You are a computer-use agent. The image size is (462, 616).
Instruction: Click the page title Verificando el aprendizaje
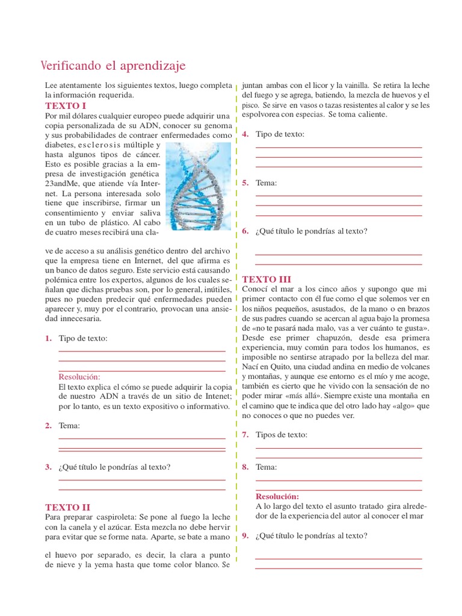coord(112,65)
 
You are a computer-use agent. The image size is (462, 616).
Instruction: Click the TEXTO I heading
coord(66,105)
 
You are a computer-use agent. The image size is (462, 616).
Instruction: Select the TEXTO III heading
coord(266,279)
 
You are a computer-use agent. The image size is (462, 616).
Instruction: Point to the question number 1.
coord(48,339)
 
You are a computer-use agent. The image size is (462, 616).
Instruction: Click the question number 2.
coord(48,426)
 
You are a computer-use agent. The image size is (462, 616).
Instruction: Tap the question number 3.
coord(48,466)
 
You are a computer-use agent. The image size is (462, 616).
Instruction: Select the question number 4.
coord(245,134)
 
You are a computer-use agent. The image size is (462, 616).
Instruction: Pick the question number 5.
coord(245,182)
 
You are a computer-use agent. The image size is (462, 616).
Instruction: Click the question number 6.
coord(245,230)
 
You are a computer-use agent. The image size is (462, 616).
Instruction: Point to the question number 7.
coord(245,434)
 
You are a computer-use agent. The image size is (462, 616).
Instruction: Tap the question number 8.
coord(245,467)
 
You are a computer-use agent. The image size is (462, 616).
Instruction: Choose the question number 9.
coord(245,535)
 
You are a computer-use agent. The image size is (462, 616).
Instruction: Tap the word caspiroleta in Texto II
coord(112,517)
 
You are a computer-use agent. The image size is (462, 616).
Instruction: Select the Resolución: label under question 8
coord(277,497)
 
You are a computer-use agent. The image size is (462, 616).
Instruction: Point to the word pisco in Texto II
coord(251,105)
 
